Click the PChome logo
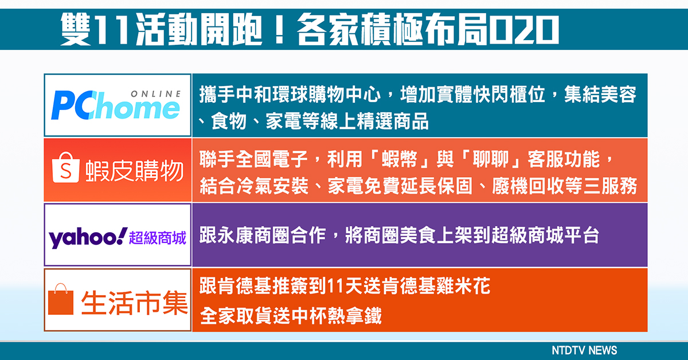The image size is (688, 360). click(116, 105)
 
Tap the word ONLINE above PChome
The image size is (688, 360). click(156, 94)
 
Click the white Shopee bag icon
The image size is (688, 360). click(65, 167)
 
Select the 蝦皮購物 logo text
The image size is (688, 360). click(135, 171)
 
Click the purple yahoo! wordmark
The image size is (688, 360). click(88, 237)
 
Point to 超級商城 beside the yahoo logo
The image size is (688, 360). click(158, 238)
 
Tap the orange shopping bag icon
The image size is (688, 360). click(61, 299)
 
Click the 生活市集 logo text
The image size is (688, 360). click(134, 303)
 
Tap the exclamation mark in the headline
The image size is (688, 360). click(279, 30)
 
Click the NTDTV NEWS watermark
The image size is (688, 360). click(584, 350)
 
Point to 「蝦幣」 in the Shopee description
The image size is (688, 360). click(400, 159)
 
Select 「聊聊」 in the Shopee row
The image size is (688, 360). click(491, 159)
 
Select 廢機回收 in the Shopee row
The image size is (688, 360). click(527, 186)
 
